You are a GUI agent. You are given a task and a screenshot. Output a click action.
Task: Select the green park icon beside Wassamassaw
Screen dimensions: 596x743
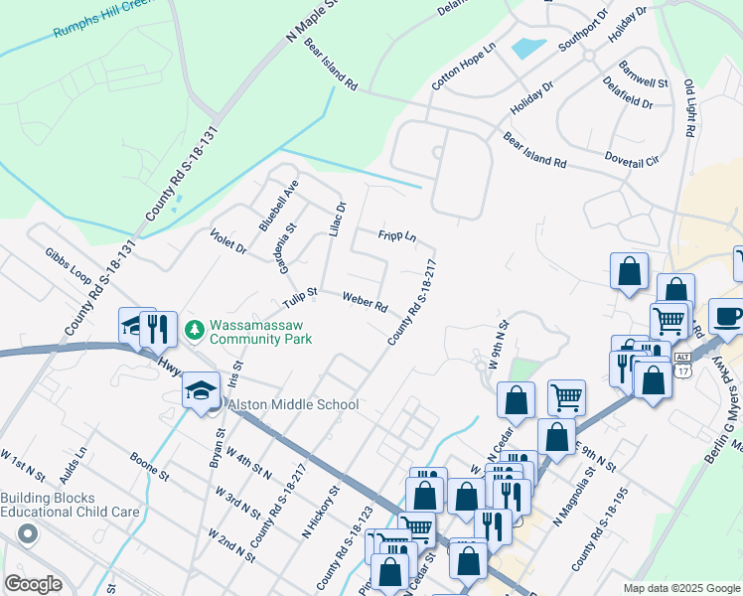[x=195, y=329]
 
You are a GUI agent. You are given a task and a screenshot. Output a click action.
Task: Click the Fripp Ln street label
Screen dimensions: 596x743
[x=396, y=236]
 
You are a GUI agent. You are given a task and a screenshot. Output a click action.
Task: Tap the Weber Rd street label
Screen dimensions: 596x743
[x=365, y=301]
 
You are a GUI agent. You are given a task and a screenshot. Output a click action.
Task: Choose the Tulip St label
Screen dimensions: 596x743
[x=298, y=295]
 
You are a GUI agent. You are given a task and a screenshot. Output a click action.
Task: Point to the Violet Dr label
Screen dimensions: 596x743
[x=228, y=240]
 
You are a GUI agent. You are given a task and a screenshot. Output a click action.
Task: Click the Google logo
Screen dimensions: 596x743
[x=33, y=584]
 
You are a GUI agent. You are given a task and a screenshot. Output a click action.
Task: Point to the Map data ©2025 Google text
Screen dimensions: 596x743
[x=680, y=588]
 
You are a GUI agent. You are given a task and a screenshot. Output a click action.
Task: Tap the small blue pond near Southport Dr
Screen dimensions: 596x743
[x=527, y=47]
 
